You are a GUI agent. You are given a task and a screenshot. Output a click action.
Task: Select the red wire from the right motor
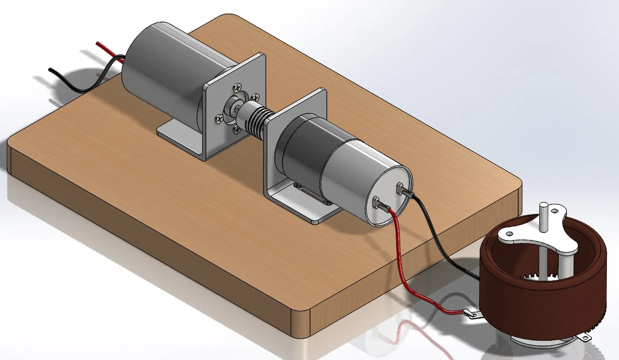(x=401, y=262)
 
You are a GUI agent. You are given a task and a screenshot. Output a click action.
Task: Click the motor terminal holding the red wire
(x=377, y=203)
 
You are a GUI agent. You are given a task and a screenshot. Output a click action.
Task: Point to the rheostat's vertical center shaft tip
(x=544, y=205)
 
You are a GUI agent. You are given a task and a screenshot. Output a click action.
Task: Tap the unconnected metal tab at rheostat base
(x=583, y=336)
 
